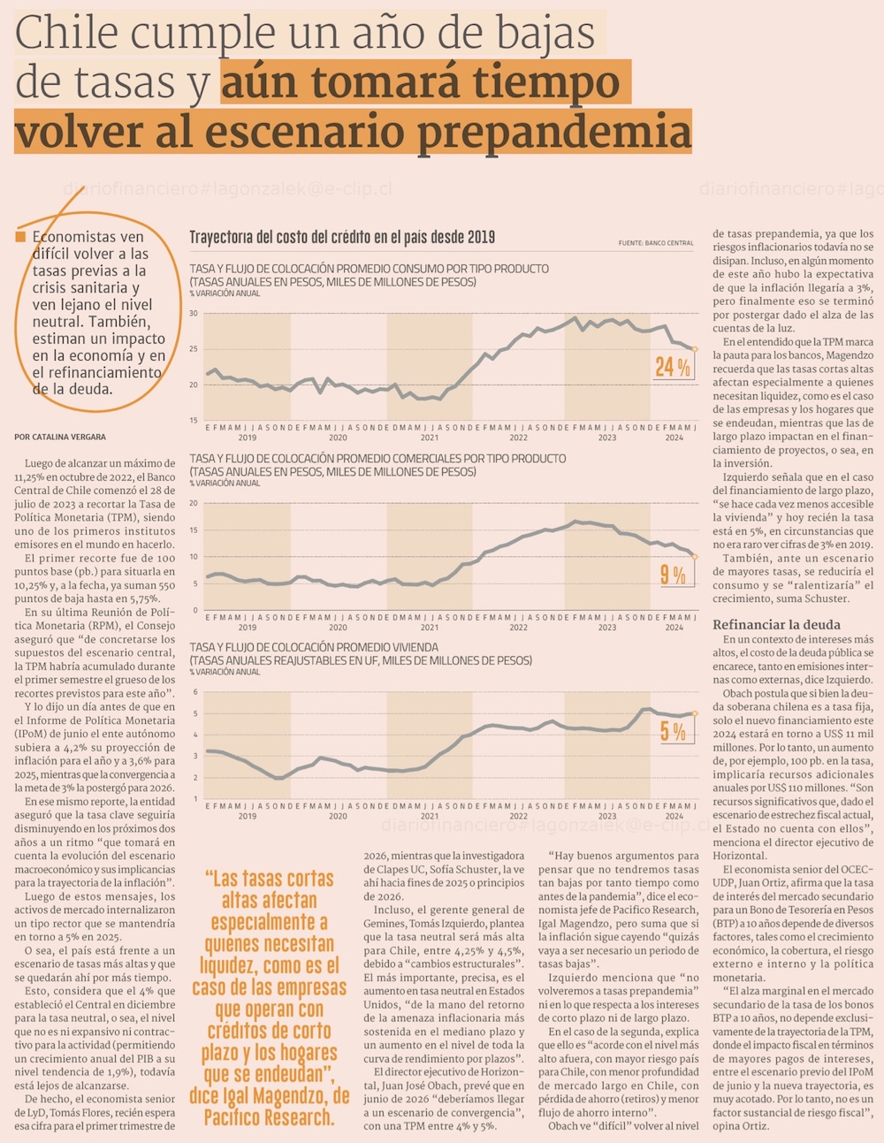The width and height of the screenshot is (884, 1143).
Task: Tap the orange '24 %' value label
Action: tap(672, 366)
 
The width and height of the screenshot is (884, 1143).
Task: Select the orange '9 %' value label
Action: tap(673, 575)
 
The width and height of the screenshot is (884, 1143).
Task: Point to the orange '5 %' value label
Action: tap(673, 731)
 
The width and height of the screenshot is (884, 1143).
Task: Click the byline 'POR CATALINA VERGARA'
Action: tap(60, 437)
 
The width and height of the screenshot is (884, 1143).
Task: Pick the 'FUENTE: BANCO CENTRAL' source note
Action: tap(656, 242)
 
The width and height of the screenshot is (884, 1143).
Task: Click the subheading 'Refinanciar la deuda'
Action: tap(776, 625)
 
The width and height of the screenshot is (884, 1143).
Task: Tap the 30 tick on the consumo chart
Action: tap(194, 314)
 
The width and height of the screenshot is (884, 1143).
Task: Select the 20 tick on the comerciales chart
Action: tap(194, 504)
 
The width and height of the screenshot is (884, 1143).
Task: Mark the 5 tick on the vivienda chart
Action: tap(195, 713)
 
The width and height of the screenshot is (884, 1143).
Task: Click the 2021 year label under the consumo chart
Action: tap(429, 438)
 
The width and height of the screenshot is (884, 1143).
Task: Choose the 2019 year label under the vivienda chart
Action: tap(247, 816)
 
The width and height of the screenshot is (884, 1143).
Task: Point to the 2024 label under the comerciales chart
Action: tap(674, 627)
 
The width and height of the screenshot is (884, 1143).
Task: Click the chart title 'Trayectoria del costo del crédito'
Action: tap(342, 237)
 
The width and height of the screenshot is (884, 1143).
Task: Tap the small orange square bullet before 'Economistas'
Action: tap(20, 237)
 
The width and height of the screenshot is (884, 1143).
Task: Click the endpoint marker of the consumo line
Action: tap(694, 349)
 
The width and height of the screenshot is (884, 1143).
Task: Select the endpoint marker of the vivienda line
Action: tap(695, 713)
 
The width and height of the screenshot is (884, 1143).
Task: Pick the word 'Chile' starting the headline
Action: tap(66, 34)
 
